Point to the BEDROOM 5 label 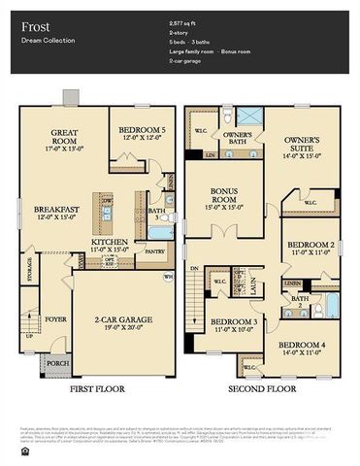pos(140,129)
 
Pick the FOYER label pos(54,317)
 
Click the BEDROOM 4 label pos(303,345)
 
